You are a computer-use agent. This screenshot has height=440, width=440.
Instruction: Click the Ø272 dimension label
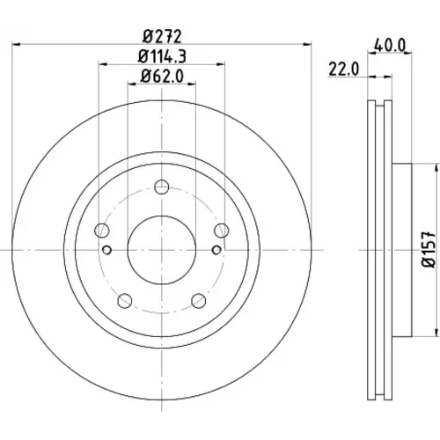tap(162, 36)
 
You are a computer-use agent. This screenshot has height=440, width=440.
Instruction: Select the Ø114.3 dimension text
tap(162, 56)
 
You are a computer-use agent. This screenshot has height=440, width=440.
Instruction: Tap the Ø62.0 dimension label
tap(162, 76)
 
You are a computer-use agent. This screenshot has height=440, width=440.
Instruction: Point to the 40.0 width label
tap(390, 46)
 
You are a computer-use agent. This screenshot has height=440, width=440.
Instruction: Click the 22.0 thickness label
tap(343, 70)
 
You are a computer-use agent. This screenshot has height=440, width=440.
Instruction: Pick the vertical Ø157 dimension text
tap(429, 250)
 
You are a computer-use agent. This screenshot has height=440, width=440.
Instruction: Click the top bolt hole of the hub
tap(162, 187)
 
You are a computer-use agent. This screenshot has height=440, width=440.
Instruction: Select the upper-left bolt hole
tap(102, 231)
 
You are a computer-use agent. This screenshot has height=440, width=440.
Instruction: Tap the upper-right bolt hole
tap(222, 231)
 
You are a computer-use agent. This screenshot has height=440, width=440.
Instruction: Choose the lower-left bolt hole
tap(125, 301)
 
